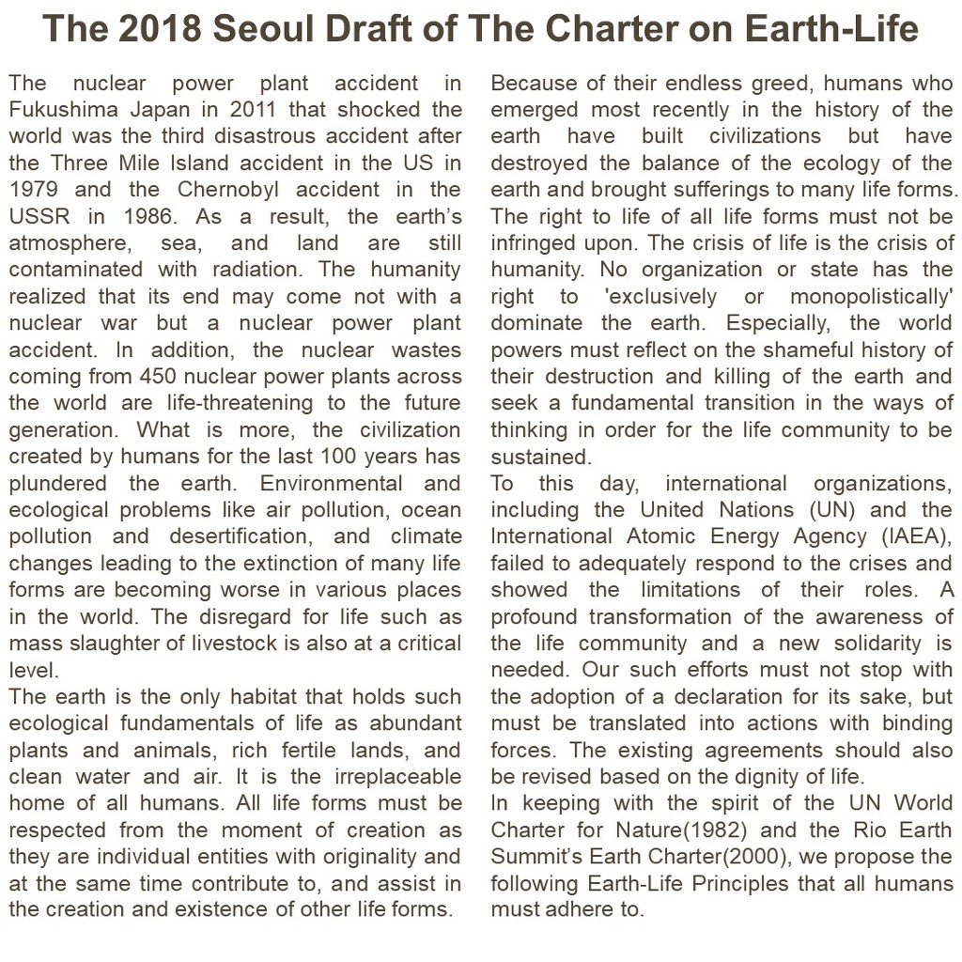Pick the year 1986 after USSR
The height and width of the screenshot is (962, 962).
click(143, 217)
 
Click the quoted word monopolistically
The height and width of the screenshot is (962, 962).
click(872, 297)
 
